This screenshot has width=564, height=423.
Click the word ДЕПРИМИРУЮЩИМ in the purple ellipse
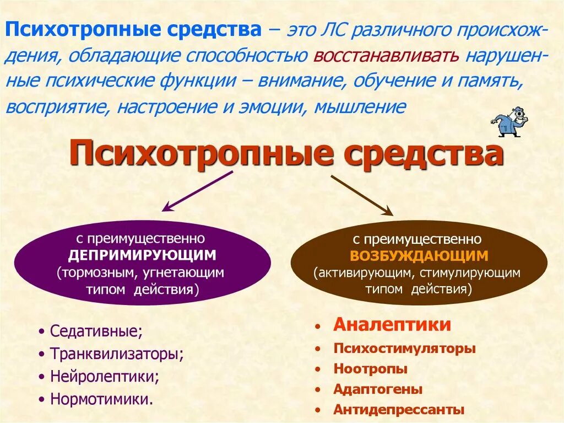[x=142, y=255]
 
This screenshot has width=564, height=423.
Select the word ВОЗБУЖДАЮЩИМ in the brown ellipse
[x=419, y=255]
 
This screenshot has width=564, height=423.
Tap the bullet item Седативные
[x=96, y=331]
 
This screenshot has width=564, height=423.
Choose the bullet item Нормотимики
[x=101, y=399]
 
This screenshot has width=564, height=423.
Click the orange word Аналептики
[x=392, y=325]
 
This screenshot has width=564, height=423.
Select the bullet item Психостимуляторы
[x=404, y=349]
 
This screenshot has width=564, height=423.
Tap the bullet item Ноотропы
[x=370, y=369]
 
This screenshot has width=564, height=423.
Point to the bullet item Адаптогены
[x=378, y=389]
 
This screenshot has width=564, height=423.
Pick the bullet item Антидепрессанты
[x=399, y=410]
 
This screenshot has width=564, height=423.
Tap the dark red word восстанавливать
[x=387, y=56]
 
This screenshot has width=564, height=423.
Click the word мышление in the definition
[x=360, y=105]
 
